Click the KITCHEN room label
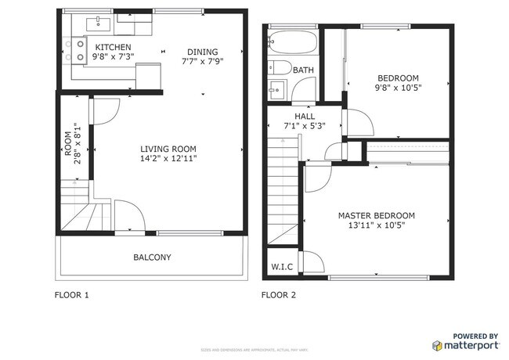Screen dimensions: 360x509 tap(113, 47)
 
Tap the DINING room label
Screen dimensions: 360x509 tap(202, 52)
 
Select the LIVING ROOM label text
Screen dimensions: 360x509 tap(168, 149)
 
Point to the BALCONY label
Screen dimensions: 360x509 tap(152, 257)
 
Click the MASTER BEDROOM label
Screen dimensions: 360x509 tap(376, 215)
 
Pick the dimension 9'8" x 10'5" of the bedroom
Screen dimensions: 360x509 tap(398, 88)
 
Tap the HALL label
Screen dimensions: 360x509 tap(305, 117)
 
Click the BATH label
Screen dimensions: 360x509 tap(303, 70)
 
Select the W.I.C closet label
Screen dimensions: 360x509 tap(282, 267)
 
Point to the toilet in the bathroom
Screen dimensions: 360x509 tap(280, 67)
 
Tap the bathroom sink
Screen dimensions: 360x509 tap(276, 88)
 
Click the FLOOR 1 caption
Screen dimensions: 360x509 tap(71, 296)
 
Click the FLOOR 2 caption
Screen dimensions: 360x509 tap(279, 296)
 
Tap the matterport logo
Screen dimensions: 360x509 tap(465, 341)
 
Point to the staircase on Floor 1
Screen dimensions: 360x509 tap(77, 206)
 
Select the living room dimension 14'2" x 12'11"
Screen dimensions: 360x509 tap(168, 159)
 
